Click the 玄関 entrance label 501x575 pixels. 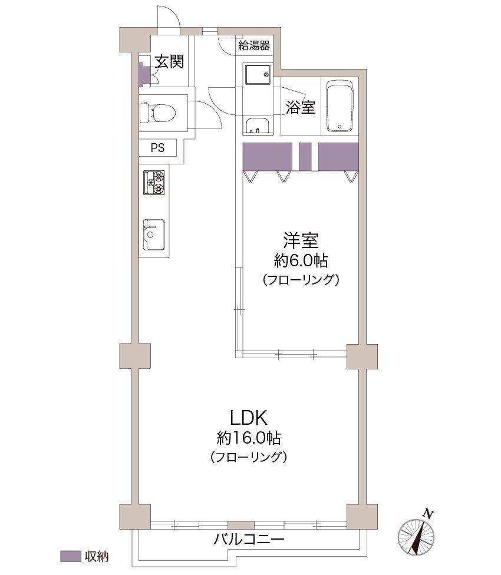169,61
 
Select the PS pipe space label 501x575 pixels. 158,148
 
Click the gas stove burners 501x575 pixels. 154,182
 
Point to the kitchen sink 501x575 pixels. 154,234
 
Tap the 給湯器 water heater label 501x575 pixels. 254,45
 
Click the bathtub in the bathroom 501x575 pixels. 340,107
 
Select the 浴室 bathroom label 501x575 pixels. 301,107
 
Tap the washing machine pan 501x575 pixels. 258,76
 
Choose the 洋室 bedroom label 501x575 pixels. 301,240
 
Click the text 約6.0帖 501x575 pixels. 301,261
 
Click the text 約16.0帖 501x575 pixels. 249,438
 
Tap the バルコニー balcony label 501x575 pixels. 249,540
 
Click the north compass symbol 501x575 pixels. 416,537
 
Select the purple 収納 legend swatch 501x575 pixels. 70,556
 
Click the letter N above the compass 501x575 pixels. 427,514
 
